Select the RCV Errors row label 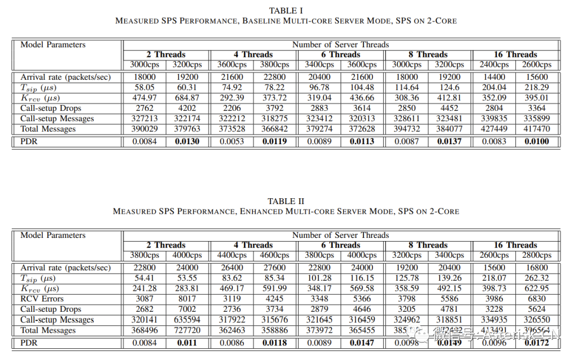click(x=42, y=299)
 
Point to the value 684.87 click(x=188, y=98)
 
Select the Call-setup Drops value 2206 click(x=232, y=108)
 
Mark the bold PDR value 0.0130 click(x=188, y=142)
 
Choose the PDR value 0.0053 click(x=232, y=142)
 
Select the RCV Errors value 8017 click(x=188, y=299)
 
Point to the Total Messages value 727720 click(x=188, y=331)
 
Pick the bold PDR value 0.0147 click(x=362, y=343)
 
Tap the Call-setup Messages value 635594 click(x=188, y=320)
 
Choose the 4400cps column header click(x=232, y=256)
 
